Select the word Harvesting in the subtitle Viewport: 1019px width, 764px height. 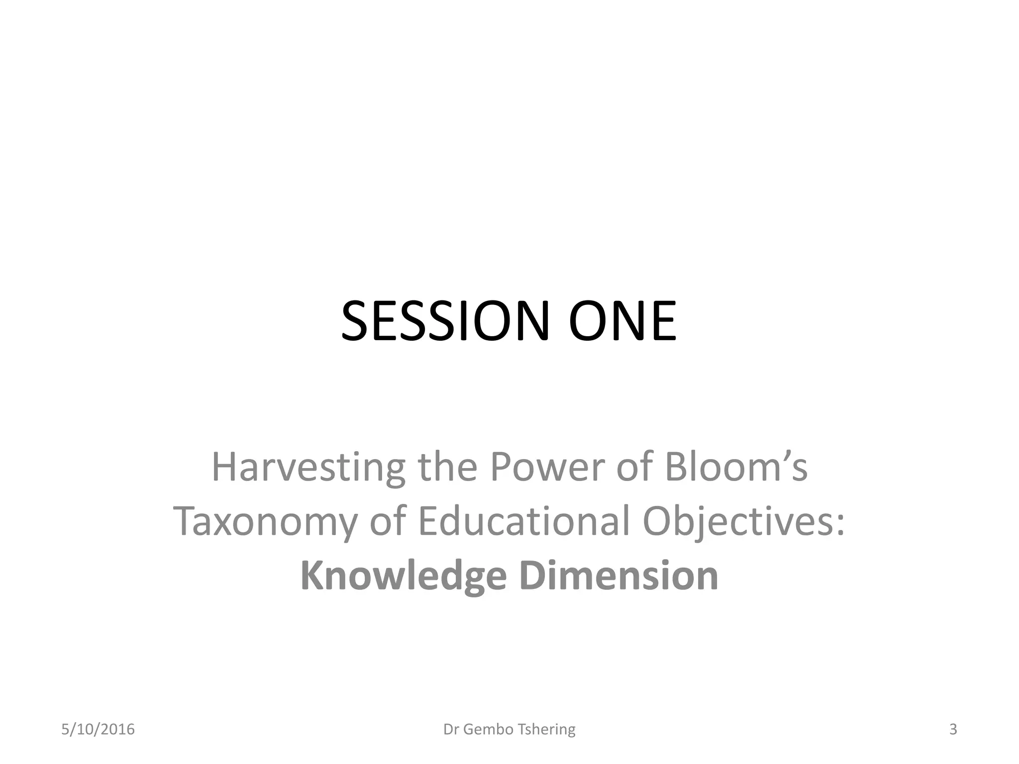point(308,468)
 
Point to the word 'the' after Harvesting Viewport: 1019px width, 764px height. point(447,468)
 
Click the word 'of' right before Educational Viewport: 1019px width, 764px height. point(387,521)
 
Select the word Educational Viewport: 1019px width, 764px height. point(524,521)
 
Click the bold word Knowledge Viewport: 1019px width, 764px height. point(404,576)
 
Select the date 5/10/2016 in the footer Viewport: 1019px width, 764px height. point(98,729)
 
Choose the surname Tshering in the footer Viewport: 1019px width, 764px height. point(547,729)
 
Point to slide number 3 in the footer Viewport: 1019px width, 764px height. point(953,729)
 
